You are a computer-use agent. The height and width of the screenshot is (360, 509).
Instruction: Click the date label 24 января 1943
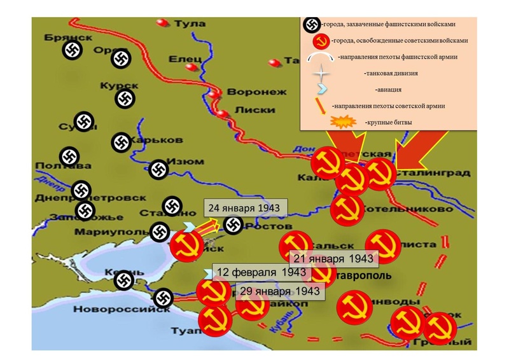246,209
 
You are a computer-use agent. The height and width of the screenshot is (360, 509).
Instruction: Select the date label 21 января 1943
333,258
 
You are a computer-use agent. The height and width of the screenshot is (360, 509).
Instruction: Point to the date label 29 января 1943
279,292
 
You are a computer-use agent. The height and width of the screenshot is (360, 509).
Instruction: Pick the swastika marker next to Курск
125,99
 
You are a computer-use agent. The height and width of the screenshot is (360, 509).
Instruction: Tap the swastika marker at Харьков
121,142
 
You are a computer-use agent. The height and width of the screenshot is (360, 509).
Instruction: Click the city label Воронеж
248,91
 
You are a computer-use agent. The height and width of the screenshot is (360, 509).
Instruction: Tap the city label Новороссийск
113,310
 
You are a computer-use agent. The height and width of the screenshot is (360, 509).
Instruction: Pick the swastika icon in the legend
311,24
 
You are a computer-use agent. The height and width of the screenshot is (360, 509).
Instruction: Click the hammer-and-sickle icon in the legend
323,41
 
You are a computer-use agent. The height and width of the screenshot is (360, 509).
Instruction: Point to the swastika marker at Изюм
158,169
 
